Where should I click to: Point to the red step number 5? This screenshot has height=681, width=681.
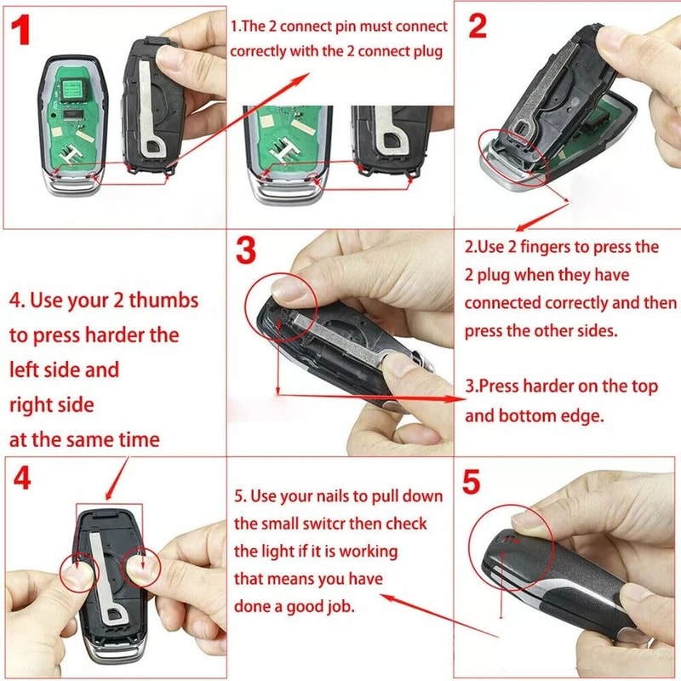coord(471,482)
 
